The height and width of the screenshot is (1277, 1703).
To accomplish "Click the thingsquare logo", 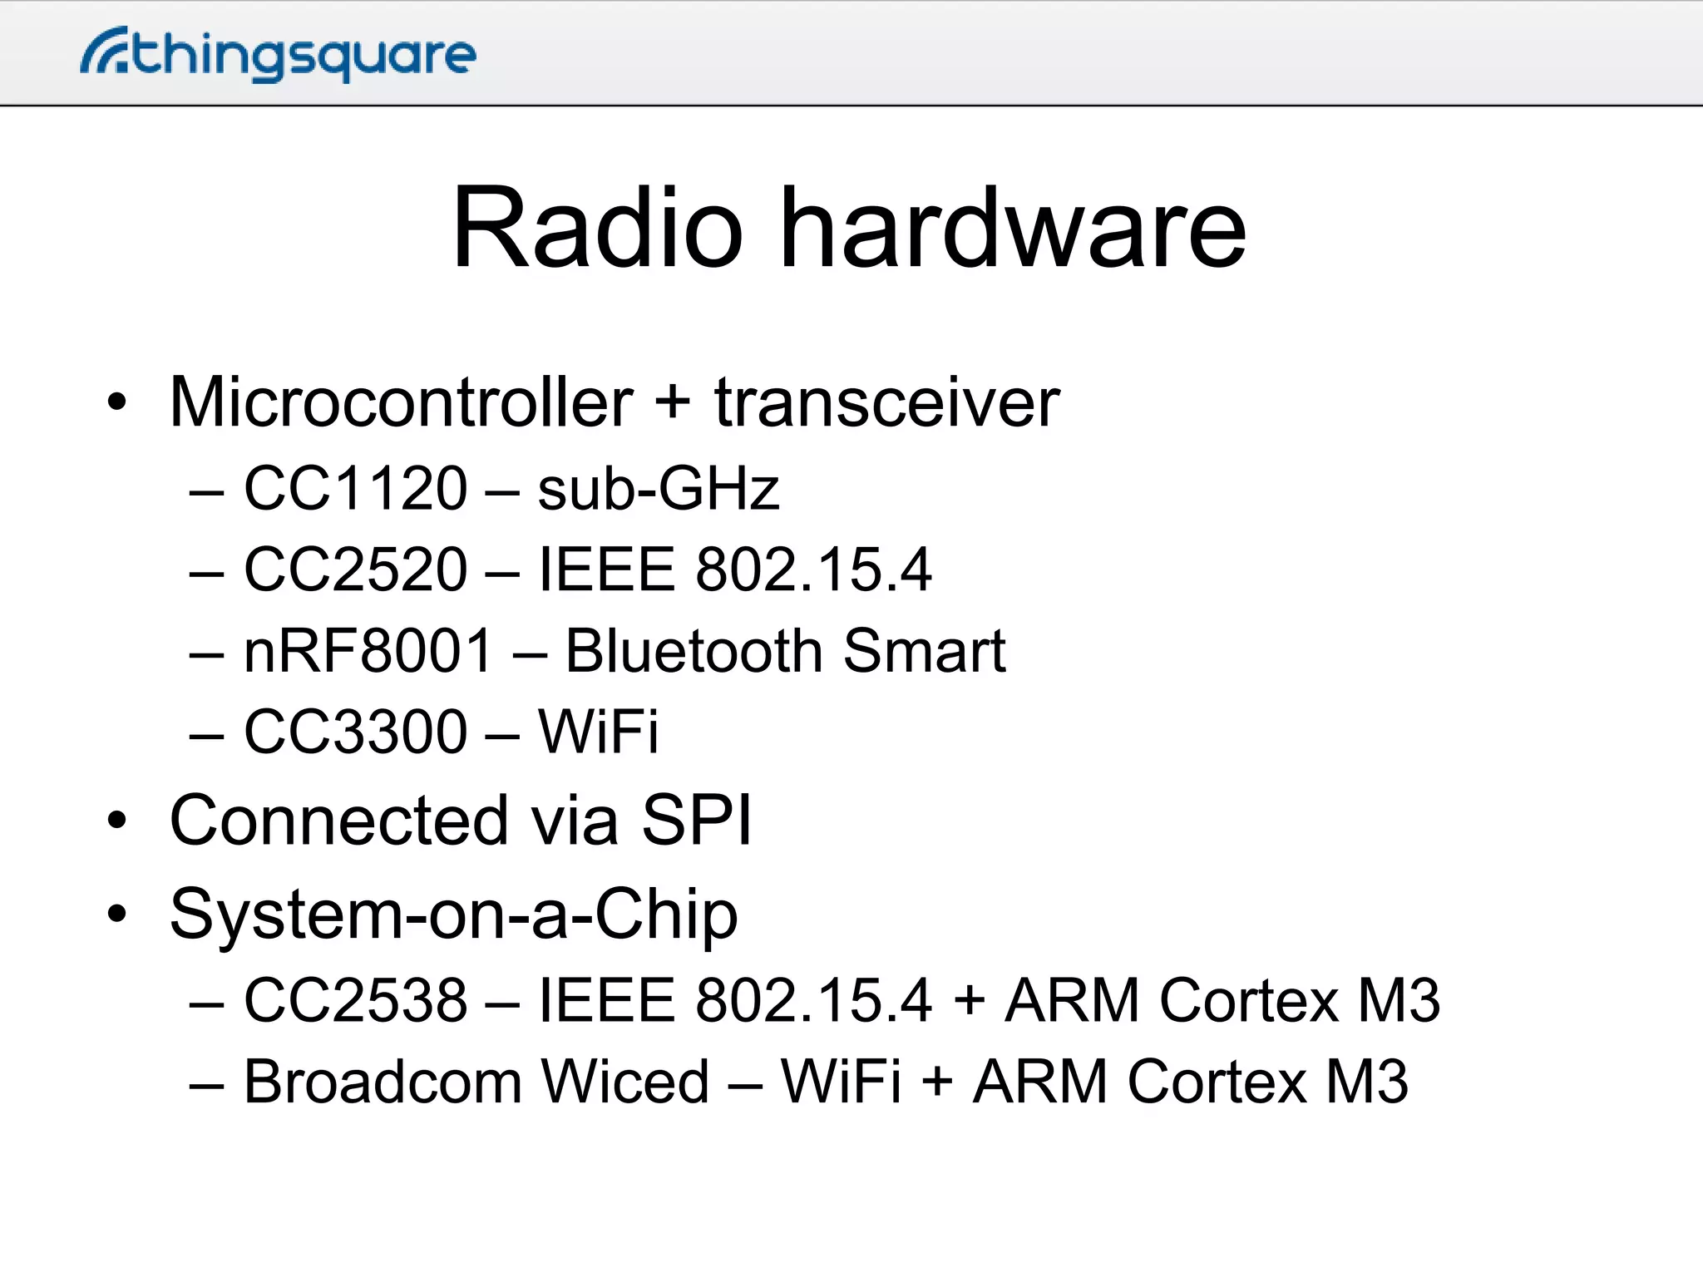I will pyautogui.click(x=278, y=54).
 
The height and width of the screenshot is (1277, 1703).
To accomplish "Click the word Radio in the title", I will pyautogui.click(x=596, y=228).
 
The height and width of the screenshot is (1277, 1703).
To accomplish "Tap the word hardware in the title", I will pyautogui.click(x=1014, y=228).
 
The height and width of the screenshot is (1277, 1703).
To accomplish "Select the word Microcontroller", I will pyautogui.click(x=401, y=402).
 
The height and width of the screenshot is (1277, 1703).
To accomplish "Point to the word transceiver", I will pyautogui.click(x=886, y=402).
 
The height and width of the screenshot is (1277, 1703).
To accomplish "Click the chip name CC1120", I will pyautogui.click(x=355, y=488).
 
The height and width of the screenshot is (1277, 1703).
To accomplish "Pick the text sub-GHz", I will pyautogui.click(x=658, y=488).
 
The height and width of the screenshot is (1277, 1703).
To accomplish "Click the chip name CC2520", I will pyautogui.click(x=355, y=569).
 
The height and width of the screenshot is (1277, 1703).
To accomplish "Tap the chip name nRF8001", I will pyautogui.click(x=368, y=650).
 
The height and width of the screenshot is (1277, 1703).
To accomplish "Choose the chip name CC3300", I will pyautogui.click(x=355, y=732).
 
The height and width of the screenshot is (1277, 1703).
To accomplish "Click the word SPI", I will pyautogui.click(x=697, y=821).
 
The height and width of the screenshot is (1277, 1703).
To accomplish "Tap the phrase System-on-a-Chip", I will pyautogui.click(x=453, y=915).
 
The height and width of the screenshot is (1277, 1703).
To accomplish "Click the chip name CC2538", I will pyautogui.click(x=355, y=999).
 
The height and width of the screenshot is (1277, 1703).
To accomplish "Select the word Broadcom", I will pyautogui.click(x=382, y=1082).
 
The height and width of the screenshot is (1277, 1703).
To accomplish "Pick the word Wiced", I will pyautogui.click(x=624, y=1082).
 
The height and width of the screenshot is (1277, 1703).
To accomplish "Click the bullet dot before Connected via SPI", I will pyautogui.click(x=117, y=821).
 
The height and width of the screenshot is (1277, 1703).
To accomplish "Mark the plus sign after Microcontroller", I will pyautogui.click(x=673, y=402).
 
